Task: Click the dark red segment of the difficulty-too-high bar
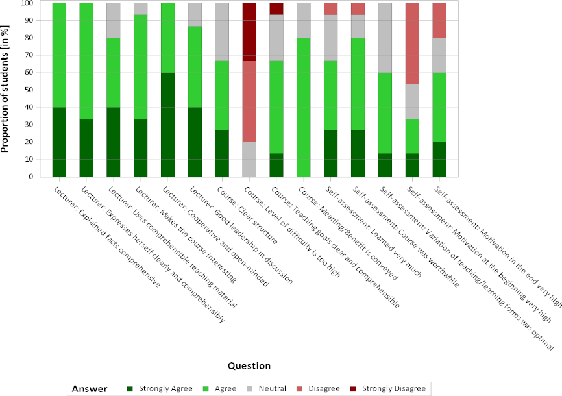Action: coord(250,32)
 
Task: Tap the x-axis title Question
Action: coord(249,365)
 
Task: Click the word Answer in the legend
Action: coord(91,388)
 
